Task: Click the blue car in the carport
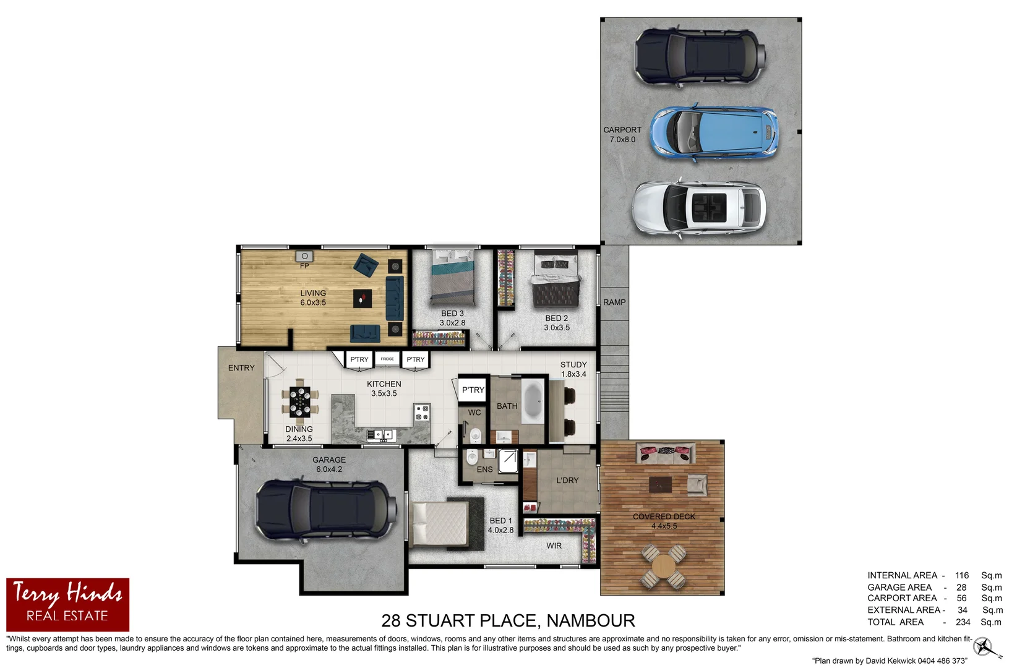(x=713, y=134)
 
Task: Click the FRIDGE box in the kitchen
(x=387, y=359)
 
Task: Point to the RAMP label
(x=614, y=302)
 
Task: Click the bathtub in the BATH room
(x=533, y=401)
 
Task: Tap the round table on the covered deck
(x=663, y=565)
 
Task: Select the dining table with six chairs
(x=300, y=401)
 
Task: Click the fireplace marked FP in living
(x=304, y=256)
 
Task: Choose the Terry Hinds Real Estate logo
(x=67, y=604)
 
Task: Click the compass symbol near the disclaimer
(x=983, y=647)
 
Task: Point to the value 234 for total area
(x=963, y=622)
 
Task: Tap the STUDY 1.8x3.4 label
(x=573, y=369)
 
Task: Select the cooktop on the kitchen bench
(x=422, y=413)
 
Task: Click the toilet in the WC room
(x=475, y=435)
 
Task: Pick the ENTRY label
(x=241, y=368)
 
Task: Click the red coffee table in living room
(x=363, y=299)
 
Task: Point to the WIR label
(x=554, y=546)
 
